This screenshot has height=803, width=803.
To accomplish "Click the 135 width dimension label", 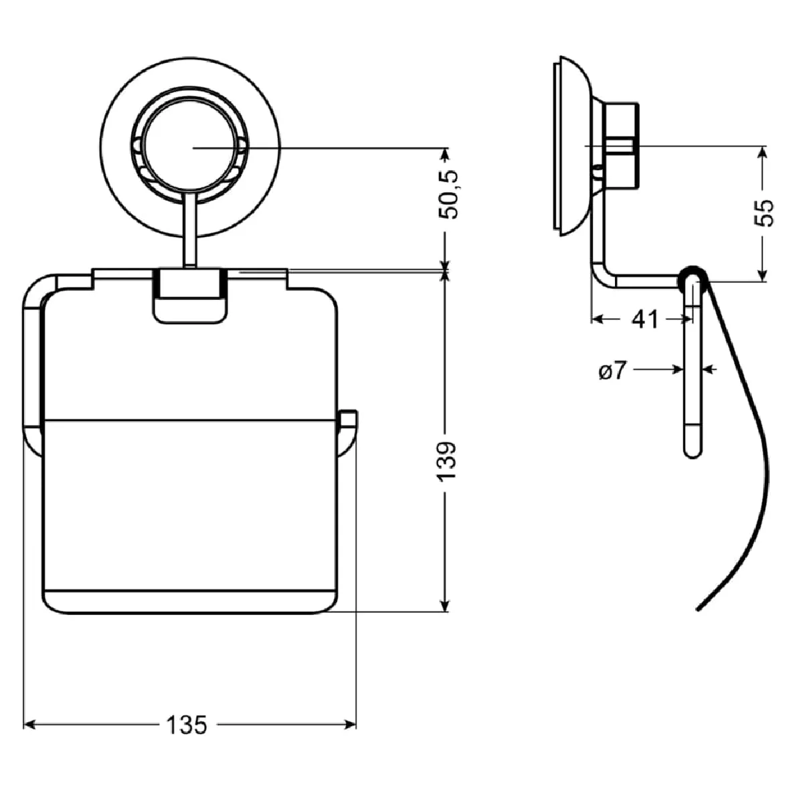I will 187,724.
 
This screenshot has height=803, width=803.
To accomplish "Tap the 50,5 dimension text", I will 447,194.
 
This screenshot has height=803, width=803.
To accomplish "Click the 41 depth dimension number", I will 645,320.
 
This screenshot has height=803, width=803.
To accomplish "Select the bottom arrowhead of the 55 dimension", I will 762,275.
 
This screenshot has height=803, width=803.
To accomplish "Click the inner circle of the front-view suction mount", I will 191,147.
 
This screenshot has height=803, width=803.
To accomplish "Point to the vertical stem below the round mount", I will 190,231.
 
